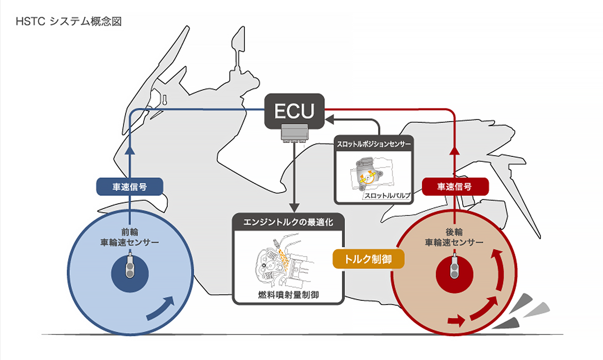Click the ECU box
[x=294, y=111]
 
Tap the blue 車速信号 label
[x=130, y=187]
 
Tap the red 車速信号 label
[x=455, y=187]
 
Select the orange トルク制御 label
[x=368, y=259]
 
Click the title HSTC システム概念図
[x=69, y=21]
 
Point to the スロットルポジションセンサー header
[x=373, y=144]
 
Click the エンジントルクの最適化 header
[x=288, y=222]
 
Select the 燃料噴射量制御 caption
[x=288, y=295]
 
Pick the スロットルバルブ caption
[x=387, y=195]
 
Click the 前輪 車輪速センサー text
[x=130, y=237]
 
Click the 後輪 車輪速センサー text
[x=454, y=237]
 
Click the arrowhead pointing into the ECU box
[x=329, y=120]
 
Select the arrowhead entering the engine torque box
[x=294, y=207]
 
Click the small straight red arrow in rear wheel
[x=456, y=321]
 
